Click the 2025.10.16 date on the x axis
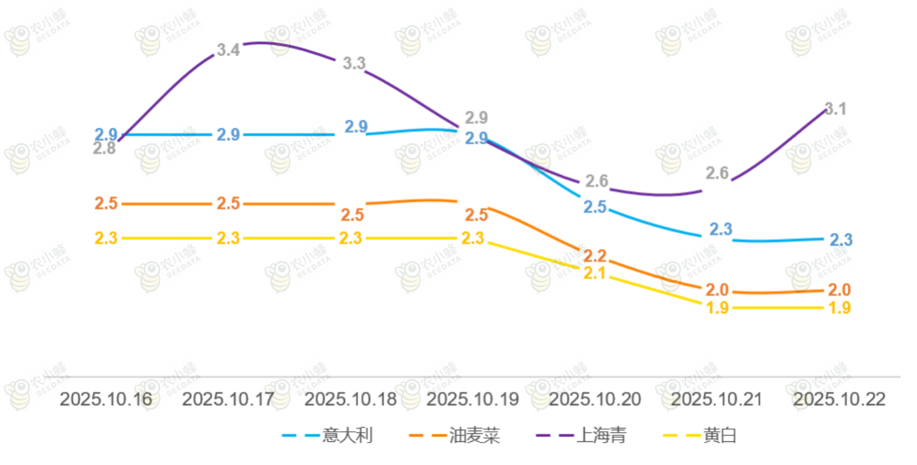click(x=106, y=399)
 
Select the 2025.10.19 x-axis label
click(x=472, y=399)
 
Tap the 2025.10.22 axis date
click(x=839, y=399)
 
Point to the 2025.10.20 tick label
click(x=594, y=399)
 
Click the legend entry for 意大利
click(x=328, y=435)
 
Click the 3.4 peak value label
click(x=229, y=49)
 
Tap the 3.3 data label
click(x=353, y=64)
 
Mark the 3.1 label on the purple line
click(x=836, y=108)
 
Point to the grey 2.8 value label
click(x=104, y=148)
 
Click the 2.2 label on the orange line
click(x=595, y=256)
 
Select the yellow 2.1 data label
click(x=595, y=273)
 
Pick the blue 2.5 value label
click(x=595, y=207)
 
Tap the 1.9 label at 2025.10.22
click(x=840, y=308)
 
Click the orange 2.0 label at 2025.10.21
click(x=717, y=290)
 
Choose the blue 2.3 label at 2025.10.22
click(x=841, y=240)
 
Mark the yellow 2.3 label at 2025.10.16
click(x=106, y=239)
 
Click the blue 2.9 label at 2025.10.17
click(x=228, y=134)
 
